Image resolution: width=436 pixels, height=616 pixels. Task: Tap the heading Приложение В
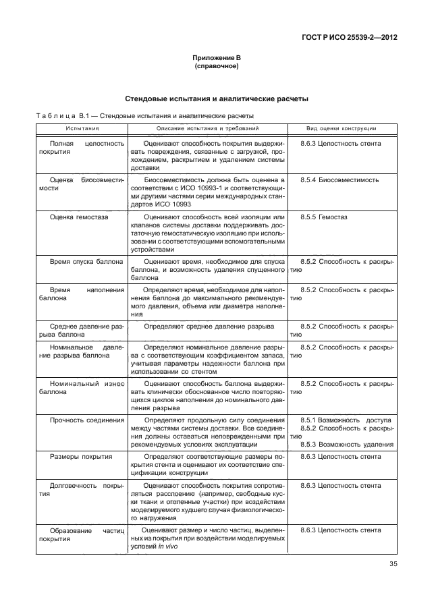[x=217, y=59]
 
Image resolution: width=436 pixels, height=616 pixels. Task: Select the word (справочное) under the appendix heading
[x=217, y=67]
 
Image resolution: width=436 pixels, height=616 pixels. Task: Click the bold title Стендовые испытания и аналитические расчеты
[x=217, y=99]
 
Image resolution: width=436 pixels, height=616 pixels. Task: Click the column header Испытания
[x=82, y=128]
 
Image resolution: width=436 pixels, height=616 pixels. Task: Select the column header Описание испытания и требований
[x=207, y=128]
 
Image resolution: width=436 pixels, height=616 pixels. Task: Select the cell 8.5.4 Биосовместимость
[x=339, y=180]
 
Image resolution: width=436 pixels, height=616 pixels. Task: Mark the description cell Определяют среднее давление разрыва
[x=209, y=327]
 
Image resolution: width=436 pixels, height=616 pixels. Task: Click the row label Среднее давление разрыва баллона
[x=82, y=331]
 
